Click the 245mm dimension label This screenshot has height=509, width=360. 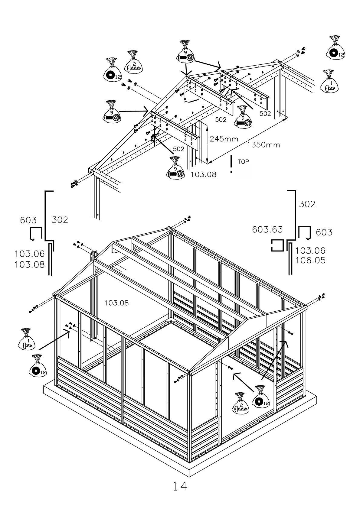click(224, 139)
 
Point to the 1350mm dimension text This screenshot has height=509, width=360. click(263, 145)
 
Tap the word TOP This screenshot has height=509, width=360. click(243, 162)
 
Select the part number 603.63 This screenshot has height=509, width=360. click(267, 230)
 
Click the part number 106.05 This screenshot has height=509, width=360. click(310, 260)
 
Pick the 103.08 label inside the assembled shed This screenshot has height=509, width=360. click(116, 303)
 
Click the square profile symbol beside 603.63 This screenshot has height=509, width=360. click(277, 246)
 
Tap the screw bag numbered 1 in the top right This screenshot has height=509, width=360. click(329, 82)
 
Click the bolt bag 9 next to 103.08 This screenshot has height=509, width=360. click(175, 169)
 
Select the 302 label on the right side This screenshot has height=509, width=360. click(307, 204)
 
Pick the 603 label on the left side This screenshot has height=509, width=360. click(28, 220)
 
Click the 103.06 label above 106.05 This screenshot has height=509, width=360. click(310, 251)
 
